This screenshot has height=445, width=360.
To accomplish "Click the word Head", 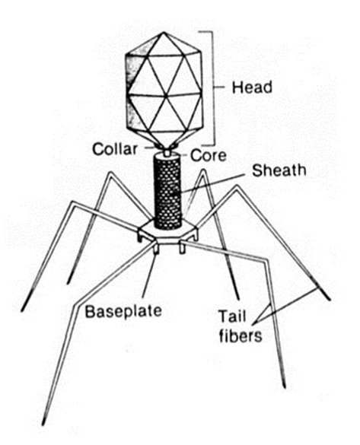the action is coord(252,87).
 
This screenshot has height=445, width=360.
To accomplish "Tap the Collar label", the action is coord(115,149).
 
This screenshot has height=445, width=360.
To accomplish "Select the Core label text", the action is coord(209,155).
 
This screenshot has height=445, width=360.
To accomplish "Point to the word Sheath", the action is coord(279,170).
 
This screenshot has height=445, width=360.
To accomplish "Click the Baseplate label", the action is coord(123,311).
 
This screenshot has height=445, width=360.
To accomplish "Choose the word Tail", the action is coord(231,316).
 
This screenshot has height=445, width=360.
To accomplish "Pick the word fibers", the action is coord(241,336).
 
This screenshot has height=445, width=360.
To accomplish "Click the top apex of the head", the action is coord(164,32).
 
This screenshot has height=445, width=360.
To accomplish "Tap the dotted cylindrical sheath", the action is coord(167,192).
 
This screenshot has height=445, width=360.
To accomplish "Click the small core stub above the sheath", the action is coord(167,153).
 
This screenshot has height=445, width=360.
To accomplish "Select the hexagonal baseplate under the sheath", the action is coord(168,231).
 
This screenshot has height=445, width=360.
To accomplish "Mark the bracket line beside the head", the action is coord(212,88).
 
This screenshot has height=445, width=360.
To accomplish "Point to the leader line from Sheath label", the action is coord(213,183).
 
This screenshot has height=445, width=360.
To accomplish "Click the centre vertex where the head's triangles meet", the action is coord(164,94).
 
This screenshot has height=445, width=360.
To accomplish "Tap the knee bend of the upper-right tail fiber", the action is coord(236,188).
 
